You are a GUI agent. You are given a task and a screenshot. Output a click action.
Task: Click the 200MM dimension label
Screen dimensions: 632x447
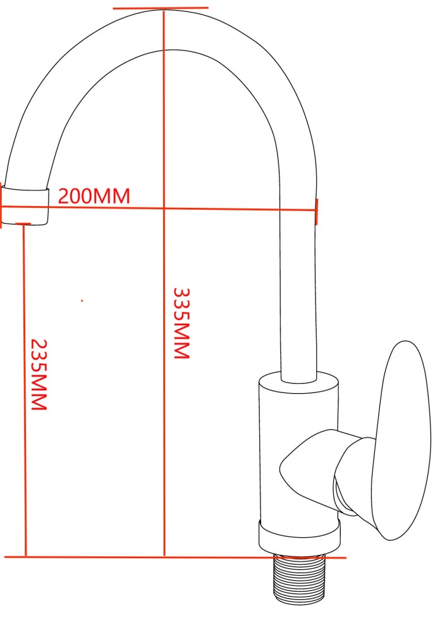[x=94, y=196]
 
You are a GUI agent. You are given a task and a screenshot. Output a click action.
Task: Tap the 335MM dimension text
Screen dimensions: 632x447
[x=181, y=324]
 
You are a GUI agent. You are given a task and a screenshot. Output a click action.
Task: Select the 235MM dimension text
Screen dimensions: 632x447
[x=39, y=374]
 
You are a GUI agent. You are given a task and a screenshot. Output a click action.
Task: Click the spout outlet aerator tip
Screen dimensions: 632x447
[x=25, y=205]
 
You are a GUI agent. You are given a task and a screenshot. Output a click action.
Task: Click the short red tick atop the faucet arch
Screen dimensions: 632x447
[x=161, y=8]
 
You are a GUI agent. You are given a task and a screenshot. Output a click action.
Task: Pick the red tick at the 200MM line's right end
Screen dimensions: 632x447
[x=316, y=210]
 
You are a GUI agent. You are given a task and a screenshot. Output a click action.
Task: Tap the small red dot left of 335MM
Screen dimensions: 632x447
[x=82, y=301]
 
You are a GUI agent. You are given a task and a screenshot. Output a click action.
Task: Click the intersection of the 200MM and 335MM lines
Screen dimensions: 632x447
[x=164, y=208]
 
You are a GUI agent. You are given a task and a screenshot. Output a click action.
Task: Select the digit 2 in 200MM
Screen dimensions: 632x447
[x=64, y=196]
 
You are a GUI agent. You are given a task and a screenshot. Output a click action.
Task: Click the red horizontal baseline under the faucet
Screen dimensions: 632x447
[x=126, y=557]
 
